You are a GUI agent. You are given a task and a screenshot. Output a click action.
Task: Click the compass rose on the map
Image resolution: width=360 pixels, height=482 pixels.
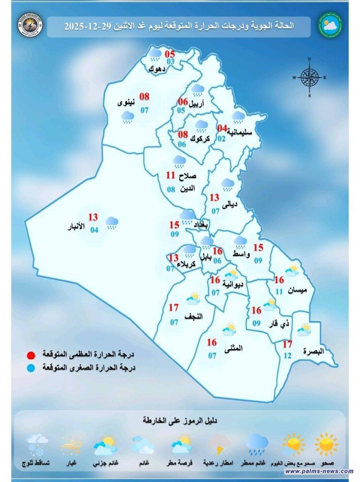[x=309, y=77]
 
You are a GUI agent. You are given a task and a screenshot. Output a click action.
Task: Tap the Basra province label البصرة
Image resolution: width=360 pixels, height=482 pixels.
[x=314, y=351]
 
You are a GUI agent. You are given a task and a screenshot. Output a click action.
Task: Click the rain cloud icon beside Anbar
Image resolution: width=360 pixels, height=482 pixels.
[x=112, y=222]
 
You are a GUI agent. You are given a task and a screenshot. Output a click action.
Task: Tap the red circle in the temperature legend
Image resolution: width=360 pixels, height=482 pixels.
[x=32, y=354]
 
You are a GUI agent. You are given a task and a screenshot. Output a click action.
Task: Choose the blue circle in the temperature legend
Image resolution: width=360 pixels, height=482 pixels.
[x=32, y=368]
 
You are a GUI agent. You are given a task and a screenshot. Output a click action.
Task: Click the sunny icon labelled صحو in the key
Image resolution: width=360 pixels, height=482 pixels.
[x=326, y=444]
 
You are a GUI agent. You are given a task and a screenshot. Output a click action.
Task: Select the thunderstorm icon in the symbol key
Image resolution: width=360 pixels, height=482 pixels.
[x=218, y=444]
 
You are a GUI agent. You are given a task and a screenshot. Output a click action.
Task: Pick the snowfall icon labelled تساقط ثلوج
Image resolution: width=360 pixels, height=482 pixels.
[x=37, y=444]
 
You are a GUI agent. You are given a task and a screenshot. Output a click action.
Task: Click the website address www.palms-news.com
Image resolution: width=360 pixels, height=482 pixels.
[x=319, y=471]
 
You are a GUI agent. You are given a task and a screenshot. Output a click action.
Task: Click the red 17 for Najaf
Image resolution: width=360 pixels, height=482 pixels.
[x=174, y=308]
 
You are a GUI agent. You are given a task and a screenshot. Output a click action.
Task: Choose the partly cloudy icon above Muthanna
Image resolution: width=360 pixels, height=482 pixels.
[x=229, y=329]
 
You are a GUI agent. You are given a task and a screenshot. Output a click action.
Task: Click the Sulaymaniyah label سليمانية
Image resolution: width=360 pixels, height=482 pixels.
[x=240, y=132]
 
